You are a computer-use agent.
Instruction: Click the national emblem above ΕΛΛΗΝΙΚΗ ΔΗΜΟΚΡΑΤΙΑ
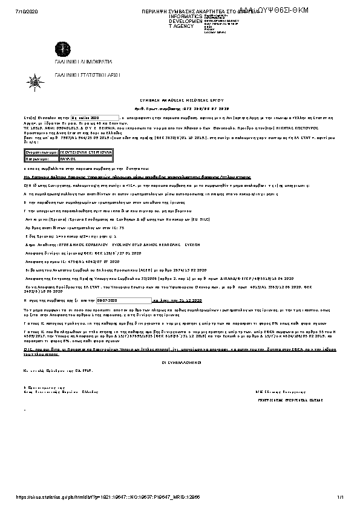coord(62,49)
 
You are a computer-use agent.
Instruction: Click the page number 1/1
coord(341,497)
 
